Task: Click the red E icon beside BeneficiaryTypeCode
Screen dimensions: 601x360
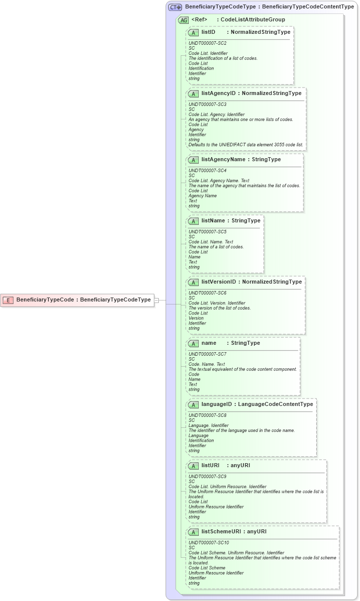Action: pyautogui.click(x=8, y=300)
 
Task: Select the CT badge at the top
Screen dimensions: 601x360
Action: pyautogui.click(x=175, y=7)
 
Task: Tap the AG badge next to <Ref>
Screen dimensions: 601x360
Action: pyautogui.click(x=183, y=20)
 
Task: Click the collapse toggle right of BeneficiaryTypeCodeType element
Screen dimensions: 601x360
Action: pyautogui.click(x=156, y=300)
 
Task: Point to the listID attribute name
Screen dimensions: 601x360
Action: pyautogui.click(x=208, y=32)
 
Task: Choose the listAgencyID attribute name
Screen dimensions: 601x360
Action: pyautogui.click(x=218, y=93)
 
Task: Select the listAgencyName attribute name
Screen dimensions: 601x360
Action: pyautogui.click(x=223, y=159)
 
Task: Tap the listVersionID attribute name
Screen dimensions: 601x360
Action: pyautogui.click(x=219, y=282)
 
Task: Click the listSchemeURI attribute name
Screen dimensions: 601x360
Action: pyautogui.click(x=221, y=531)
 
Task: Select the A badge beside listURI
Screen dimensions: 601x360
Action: pyautogui.click(x=193, y=466)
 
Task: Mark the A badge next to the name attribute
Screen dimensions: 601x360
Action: pyautogui.click(x=193, y=343)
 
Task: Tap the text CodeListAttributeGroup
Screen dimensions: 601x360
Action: pyautogui.click(x=253, y=19)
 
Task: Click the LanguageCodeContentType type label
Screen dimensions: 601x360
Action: pyautogui.click(x=275, y=404)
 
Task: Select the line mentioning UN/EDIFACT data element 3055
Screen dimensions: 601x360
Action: pyautogui.click(x=245, y=145)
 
